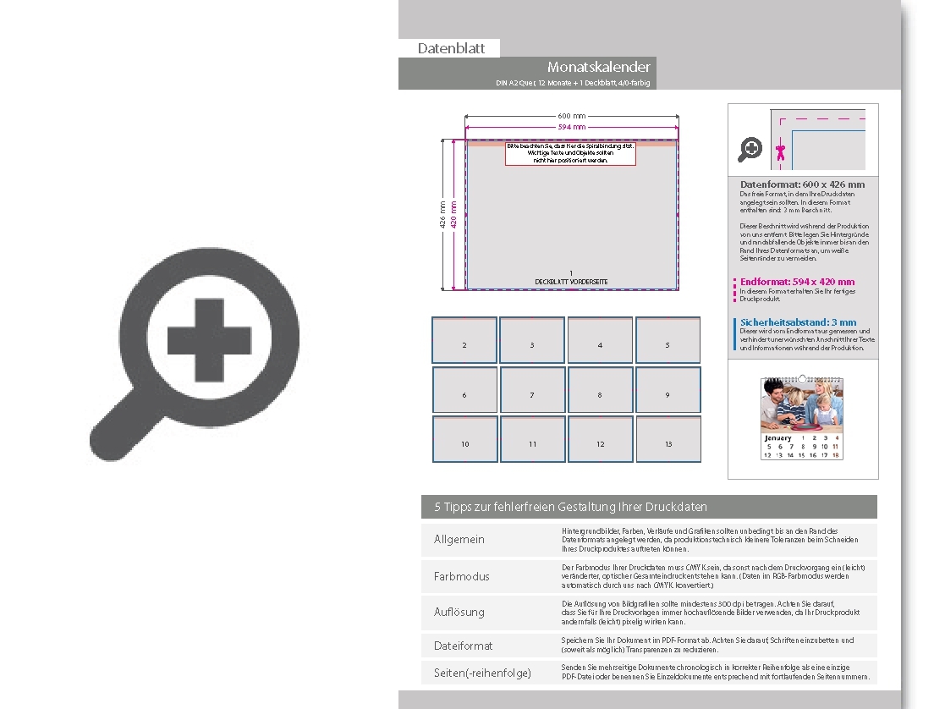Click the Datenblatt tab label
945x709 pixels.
coord(451,48)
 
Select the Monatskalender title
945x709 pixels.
coord(598,67)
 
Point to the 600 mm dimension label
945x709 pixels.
coord(571,116)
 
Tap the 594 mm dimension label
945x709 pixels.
coord(571,127)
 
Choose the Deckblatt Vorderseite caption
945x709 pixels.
coord(571,282)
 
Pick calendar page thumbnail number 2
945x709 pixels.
coord(464,340)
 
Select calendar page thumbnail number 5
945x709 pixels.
coord(668,340)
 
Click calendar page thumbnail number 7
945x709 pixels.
coord(532,390)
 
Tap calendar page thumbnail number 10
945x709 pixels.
coord(464,439)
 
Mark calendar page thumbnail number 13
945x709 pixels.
coord(668,439)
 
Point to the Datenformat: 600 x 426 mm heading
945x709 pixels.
coord(802,184)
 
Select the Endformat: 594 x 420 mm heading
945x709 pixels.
coord(797,282)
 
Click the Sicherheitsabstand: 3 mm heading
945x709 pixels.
coord(798,322)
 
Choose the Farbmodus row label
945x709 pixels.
coord(462,576)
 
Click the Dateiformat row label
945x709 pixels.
coord(464,646)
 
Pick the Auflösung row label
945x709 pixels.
coord(459,612)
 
